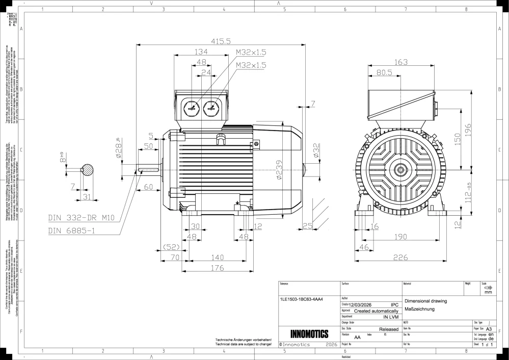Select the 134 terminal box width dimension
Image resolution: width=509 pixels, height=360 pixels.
point(201,52)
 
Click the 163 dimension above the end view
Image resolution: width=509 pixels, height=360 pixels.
point(401,62)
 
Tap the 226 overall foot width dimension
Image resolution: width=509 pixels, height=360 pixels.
point(401,258)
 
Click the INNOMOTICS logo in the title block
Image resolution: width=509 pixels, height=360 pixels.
point(309,335)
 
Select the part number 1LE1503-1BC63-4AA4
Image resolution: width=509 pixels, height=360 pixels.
point(302,300)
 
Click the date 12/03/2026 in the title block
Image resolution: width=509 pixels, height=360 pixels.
point(361,304)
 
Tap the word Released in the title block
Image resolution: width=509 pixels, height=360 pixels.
point(389,329)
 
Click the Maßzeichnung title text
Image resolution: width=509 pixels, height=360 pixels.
point(418,309)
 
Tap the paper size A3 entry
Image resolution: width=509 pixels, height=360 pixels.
point(489,329)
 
